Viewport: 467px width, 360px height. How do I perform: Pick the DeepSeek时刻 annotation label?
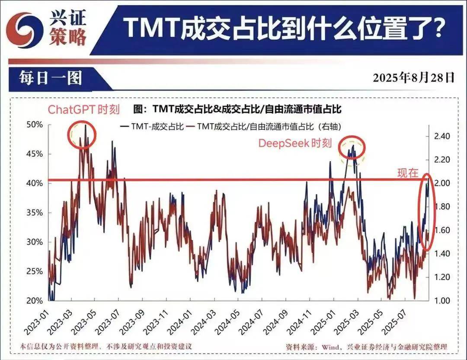(295, 143)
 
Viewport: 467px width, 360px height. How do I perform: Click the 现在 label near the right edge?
(408, 173)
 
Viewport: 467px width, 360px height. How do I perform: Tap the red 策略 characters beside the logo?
(68, 37)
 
